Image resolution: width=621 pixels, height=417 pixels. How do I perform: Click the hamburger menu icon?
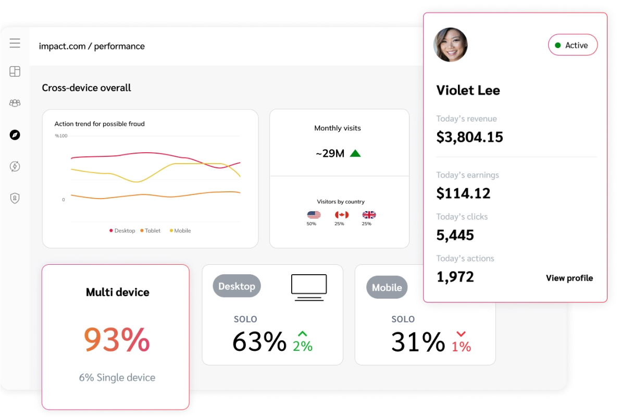pos(15,43)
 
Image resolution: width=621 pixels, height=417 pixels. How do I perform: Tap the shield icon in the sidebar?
pos(15,198)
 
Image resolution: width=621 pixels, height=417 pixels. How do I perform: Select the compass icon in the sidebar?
pos(15,135)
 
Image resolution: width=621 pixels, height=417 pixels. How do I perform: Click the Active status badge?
pos(573,45)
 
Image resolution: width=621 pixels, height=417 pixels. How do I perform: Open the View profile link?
pos(569,278)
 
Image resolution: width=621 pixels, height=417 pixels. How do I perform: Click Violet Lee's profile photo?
pos(451,45)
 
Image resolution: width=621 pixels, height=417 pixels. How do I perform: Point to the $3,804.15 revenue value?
pos(469,137)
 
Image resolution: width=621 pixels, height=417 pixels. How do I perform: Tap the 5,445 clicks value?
pos(455,235)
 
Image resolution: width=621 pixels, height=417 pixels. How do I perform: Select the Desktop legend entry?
pos(122,230)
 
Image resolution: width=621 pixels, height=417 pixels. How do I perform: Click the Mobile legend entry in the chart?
pos(180,230)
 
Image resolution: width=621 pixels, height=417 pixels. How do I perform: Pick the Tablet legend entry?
pos(151,230)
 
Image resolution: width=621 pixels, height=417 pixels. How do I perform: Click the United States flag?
pos(314,215)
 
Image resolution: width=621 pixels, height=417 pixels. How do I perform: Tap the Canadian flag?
pos(341,215)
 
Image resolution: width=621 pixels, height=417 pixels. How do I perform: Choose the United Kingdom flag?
pos(369,215)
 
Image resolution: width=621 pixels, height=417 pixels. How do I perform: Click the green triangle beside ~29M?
pos(355,153)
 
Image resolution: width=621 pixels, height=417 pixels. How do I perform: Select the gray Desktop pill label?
pos(237,286)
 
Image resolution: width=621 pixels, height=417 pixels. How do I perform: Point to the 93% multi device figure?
pos(117,339)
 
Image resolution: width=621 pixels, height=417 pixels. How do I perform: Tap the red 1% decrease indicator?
pos(461,341)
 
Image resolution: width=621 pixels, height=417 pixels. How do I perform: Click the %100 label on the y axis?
pos(61,136)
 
